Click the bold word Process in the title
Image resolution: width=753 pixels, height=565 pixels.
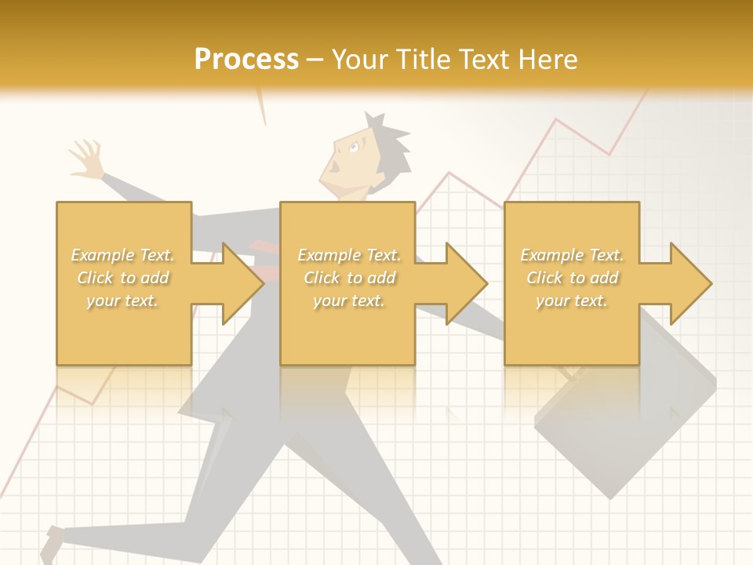[246, 60]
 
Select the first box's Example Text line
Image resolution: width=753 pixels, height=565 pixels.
[123, 255]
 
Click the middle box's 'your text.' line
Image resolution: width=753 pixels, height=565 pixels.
[348, 301]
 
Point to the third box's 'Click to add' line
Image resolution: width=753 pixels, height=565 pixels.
[573, 278]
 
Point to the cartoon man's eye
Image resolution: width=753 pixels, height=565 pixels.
[354, 147]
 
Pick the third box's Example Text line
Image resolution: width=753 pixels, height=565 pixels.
[573, 255]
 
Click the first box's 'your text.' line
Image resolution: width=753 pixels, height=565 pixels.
[123, 301]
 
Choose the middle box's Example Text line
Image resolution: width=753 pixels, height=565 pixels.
[348, 255]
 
